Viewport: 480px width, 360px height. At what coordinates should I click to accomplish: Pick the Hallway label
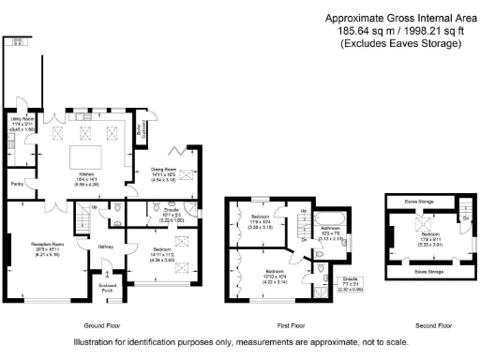click(105, 247)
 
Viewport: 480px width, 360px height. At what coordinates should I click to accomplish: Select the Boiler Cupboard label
click(141, 133)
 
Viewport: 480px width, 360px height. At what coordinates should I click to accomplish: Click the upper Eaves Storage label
click(418, 201)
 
